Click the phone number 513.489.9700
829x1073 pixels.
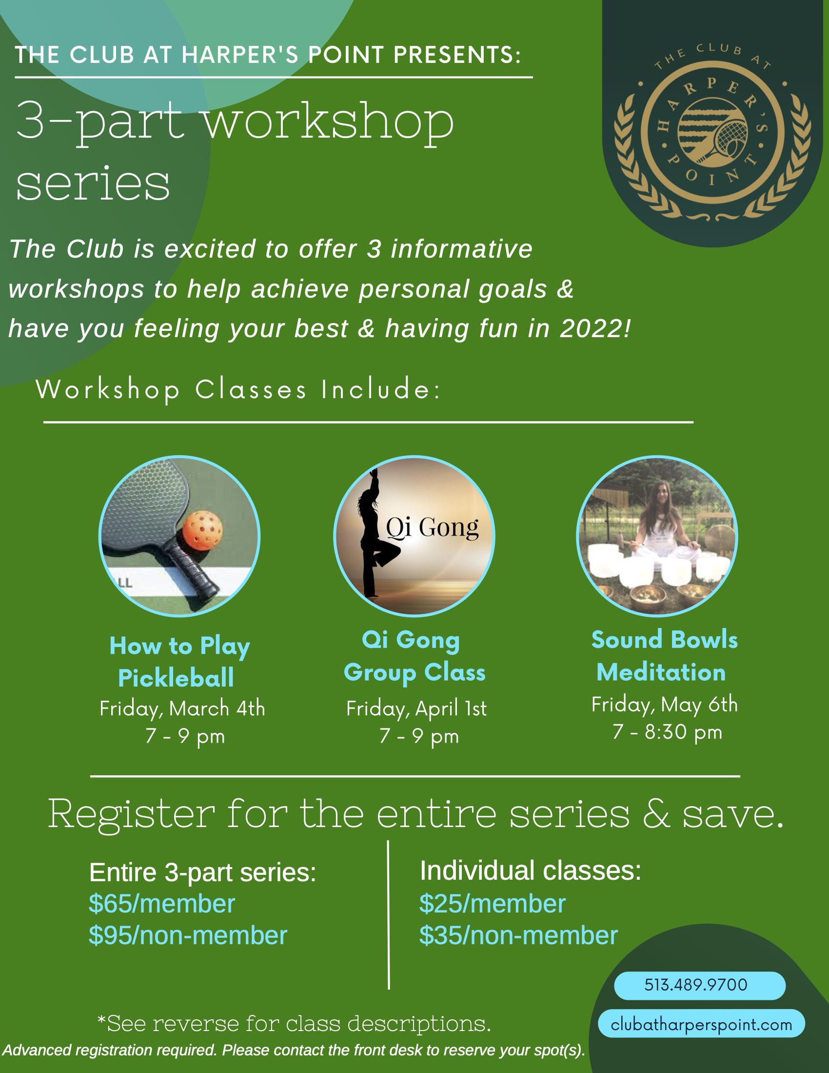coord(695,985)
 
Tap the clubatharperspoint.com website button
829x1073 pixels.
coord(701,1025)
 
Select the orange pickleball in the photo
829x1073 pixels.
coord(202,531)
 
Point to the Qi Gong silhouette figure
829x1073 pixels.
coord(374,533)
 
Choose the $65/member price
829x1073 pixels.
coord(161,903)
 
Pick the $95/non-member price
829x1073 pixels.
coord(188,935)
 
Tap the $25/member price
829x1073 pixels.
coord(492,903)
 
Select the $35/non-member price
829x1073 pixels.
coord(518,935)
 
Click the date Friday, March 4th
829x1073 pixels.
coord(182,709)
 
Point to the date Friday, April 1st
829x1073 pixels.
coord(416,709)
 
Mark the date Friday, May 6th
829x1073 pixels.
coord(665,705)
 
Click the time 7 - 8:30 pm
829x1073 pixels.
coord(668,732)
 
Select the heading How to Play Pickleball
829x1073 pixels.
coord(179,662)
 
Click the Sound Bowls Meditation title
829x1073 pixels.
coord(664,656)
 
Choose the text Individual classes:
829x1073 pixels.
coord(531,871)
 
